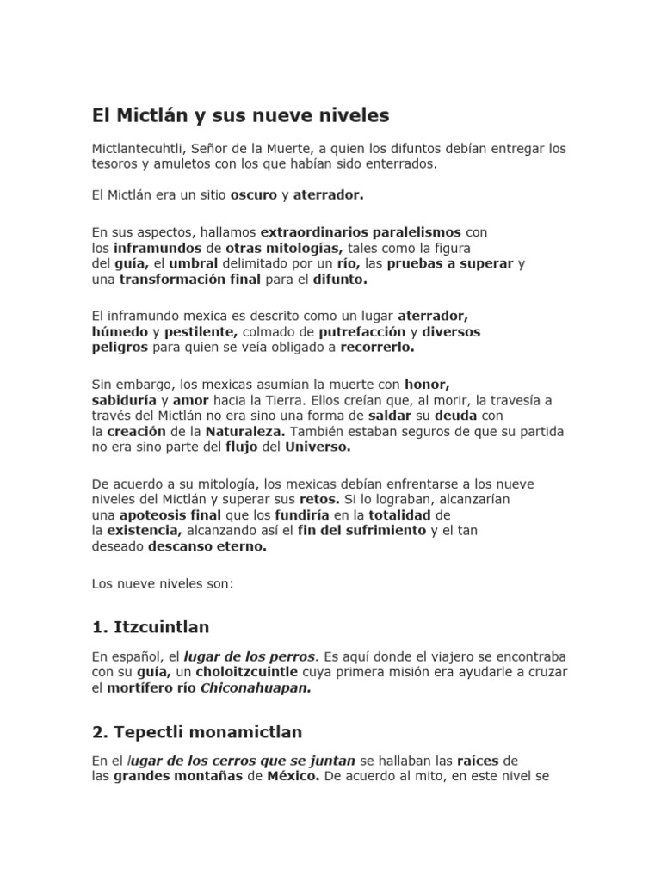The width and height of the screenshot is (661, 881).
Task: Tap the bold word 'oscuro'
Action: click(x=254, y=195)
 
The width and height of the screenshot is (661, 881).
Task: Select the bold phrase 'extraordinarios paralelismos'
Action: click(x=361, y=231)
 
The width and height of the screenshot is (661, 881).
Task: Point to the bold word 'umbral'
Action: click(x=194, y=262)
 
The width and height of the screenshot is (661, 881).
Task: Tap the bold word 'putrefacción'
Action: click(x=361, y=330)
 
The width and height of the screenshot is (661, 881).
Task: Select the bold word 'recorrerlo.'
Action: click(x=377, y=347)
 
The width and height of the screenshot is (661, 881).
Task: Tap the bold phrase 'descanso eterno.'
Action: click(x=207, y=546)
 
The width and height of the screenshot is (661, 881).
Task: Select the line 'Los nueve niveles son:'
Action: click(x=163, y=582)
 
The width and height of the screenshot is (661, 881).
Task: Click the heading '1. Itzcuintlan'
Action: click(x=151, y=626)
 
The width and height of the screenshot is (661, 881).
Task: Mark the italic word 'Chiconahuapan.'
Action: click(x=256, y=687)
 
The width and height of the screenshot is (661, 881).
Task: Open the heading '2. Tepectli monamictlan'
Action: click(x=197, y=732)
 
